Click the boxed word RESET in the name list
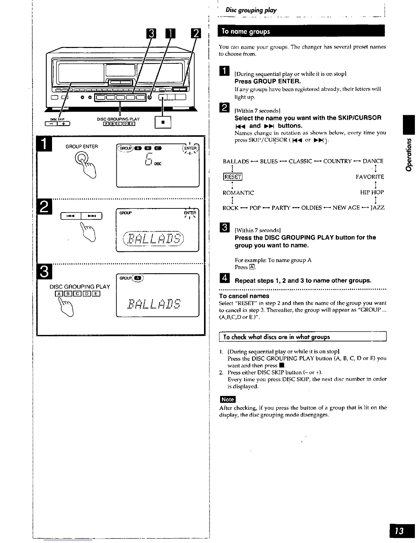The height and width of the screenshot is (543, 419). pos(232,177)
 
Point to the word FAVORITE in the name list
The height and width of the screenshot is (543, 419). pos(370,177)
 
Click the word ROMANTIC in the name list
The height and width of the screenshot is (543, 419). pos(238,193)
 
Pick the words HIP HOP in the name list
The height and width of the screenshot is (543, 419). pos(372,192)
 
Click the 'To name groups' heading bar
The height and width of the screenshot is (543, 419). pos(301,31)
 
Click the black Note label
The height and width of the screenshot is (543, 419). pos(228,399)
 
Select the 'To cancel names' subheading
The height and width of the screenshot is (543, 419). pos(244,296)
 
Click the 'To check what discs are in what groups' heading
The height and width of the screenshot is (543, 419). pos(277,337)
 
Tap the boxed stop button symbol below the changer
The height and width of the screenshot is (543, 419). pos(163,122)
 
